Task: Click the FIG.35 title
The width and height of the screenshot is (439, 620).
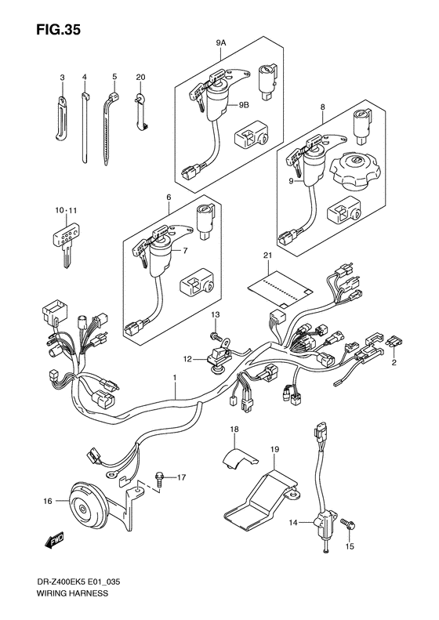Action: pos(58,29)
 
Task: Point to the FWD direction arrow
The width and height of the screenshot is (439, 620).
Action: pos(54,540)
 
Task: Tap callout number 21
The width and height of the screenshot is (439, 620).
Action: pos(268,256)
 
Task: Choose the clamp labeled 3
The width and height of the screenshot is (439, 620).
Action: pos(62,118)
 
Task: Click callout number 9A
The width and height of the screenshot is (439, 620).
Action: pos(221,44)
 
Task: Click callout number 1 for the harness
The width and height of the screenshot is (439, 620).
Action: pos(174,378)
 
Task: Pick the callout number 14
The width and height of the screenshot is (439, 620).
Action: pos(292,522)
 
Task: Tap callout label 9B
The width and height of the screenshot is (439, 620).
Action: pos(243,105)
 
